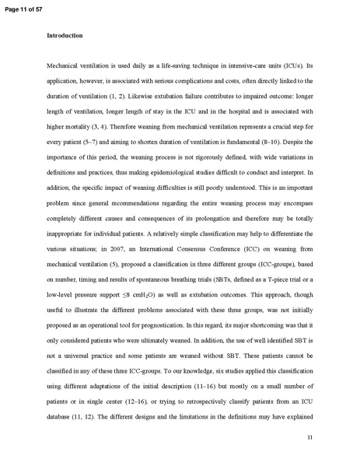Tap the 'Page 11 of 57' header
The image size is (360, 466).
pos(25,6)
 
